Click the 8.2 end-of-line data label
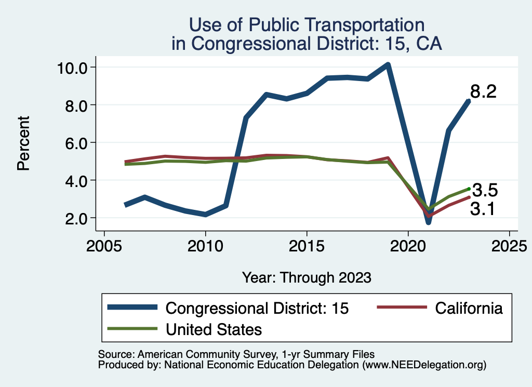(x=483, y=92)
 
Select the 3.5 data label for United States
(x=485, y=191)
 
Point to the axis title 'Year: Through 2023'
(x=307, y=277)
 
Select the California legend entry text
(x=469, y=308)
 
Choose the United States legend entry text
(x=214, y=329)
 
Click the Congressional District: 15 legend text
(x=257, y=308)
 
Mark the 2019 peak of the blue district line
(x=388, y=65)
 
